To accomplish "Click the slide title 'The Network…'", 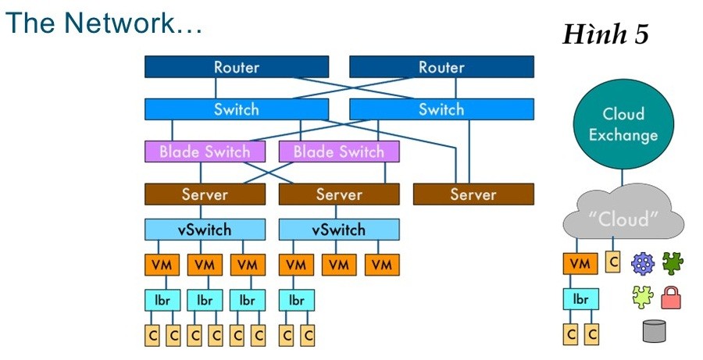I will pos(104,24).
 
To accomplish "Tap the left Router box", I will pos(236,67).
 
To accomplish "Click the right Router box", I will pos(441,67).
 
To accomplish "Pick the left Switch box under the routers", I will pos(236,109).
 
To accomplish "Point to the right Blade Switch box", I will pos(338,151).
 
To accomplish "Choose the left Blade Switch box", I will pos(205,151).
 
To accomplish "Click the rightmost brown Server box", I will pos(473,194).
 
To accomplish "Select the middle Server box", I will pos(338,194).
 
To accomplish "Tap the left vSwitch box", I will pos(205,230).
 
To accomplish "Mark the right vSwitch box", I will pos(338,230).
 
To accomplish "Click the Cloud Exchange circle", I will pos(623,125).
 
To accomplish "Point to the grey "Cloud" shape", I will pos(623,218).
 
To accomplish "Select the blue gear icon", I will pos(642,263).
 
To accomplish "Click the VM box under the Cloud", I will pos(580,264).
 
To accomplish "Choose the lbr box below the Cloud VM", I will pos(580,299).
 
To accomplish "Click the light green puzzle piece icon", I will pos(642,296).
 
